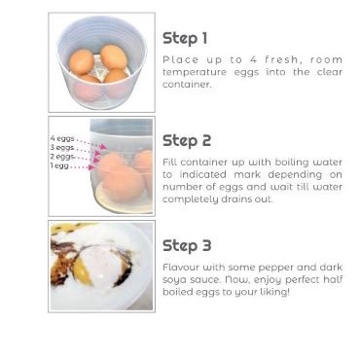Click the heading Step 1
coord(185,39)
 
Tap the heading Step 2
coord(187,141)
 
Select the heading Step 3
coord(187,245)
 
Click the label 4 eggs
coord(62,138)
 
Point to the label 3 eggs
coord(62,148)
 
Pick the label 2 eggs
coord(62,157)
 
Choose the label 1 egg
coord(59,165)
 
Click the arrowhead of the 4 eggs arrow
coord(103,147)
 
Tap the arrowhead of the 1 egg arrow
coord(91,167)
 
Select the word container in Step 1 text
coord(187,85)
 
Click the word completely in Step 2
coord(191,199)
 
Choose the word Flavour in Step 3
coord(181,268)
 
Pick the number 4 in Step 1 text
coord(253,59)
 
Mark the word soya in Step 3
coord(175,280)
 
